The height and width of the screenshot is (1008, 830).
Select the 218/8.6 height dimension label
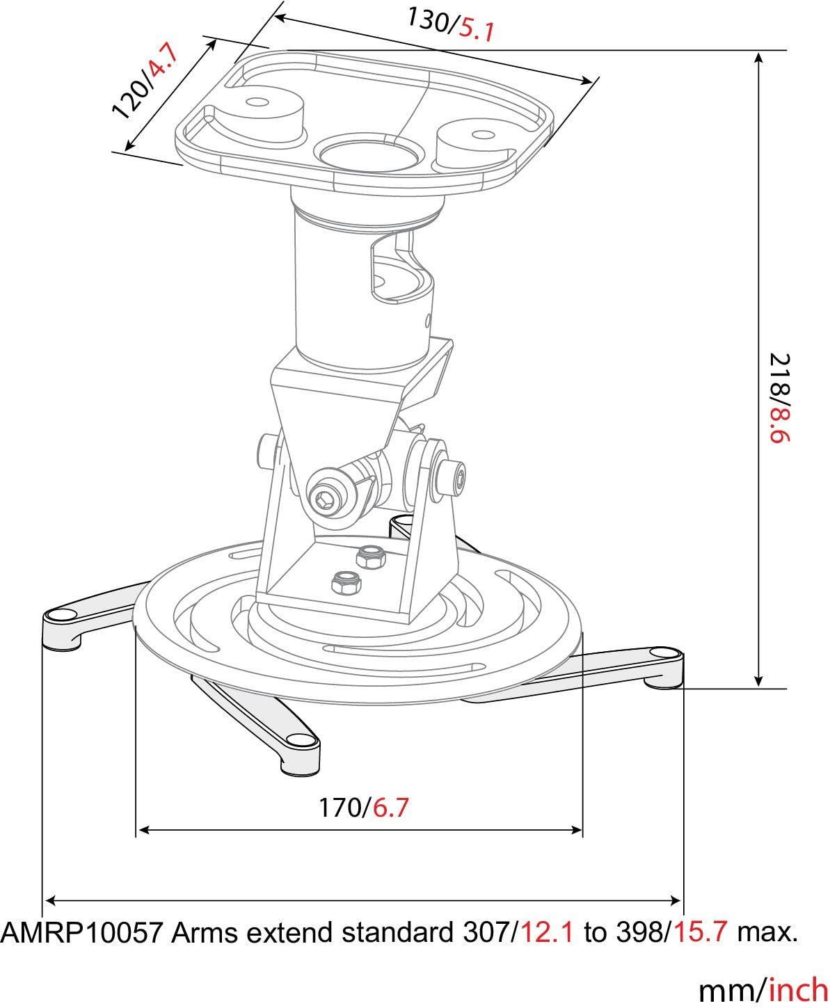click(x=781, y=398)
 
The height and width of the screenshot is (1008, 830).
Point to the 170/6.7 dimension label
click(x=363, y=808)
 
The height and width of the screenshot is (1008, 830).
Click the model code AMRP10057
click(x=81, y=932)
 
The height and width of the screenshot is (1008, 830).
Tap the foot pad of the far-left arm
click(x=61, y=615)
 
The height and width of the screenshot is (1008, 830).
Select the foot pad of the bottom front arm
click(x=300, y=740)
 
